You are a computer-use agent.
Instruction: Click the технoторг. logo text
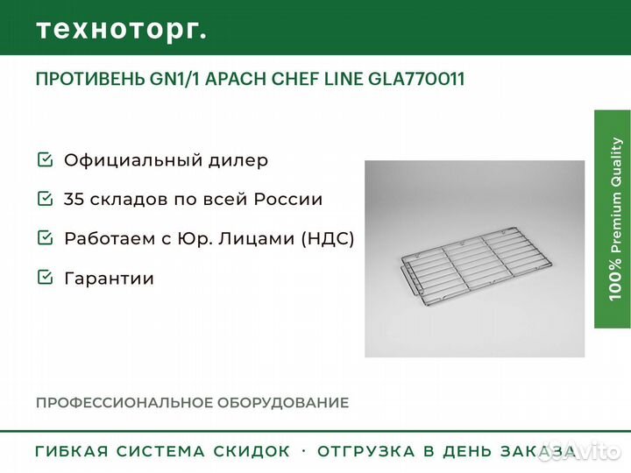tap(122, 29)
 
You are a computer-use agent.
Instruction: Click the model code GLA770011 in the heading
tap(416, 80)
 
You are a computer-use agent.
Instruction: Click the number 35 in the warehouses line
tap(74, 200)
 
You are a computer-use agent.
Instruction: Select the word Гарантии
tap(109, 279)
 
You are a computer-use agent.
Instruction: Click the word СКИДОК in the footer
tap(252, 452)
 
